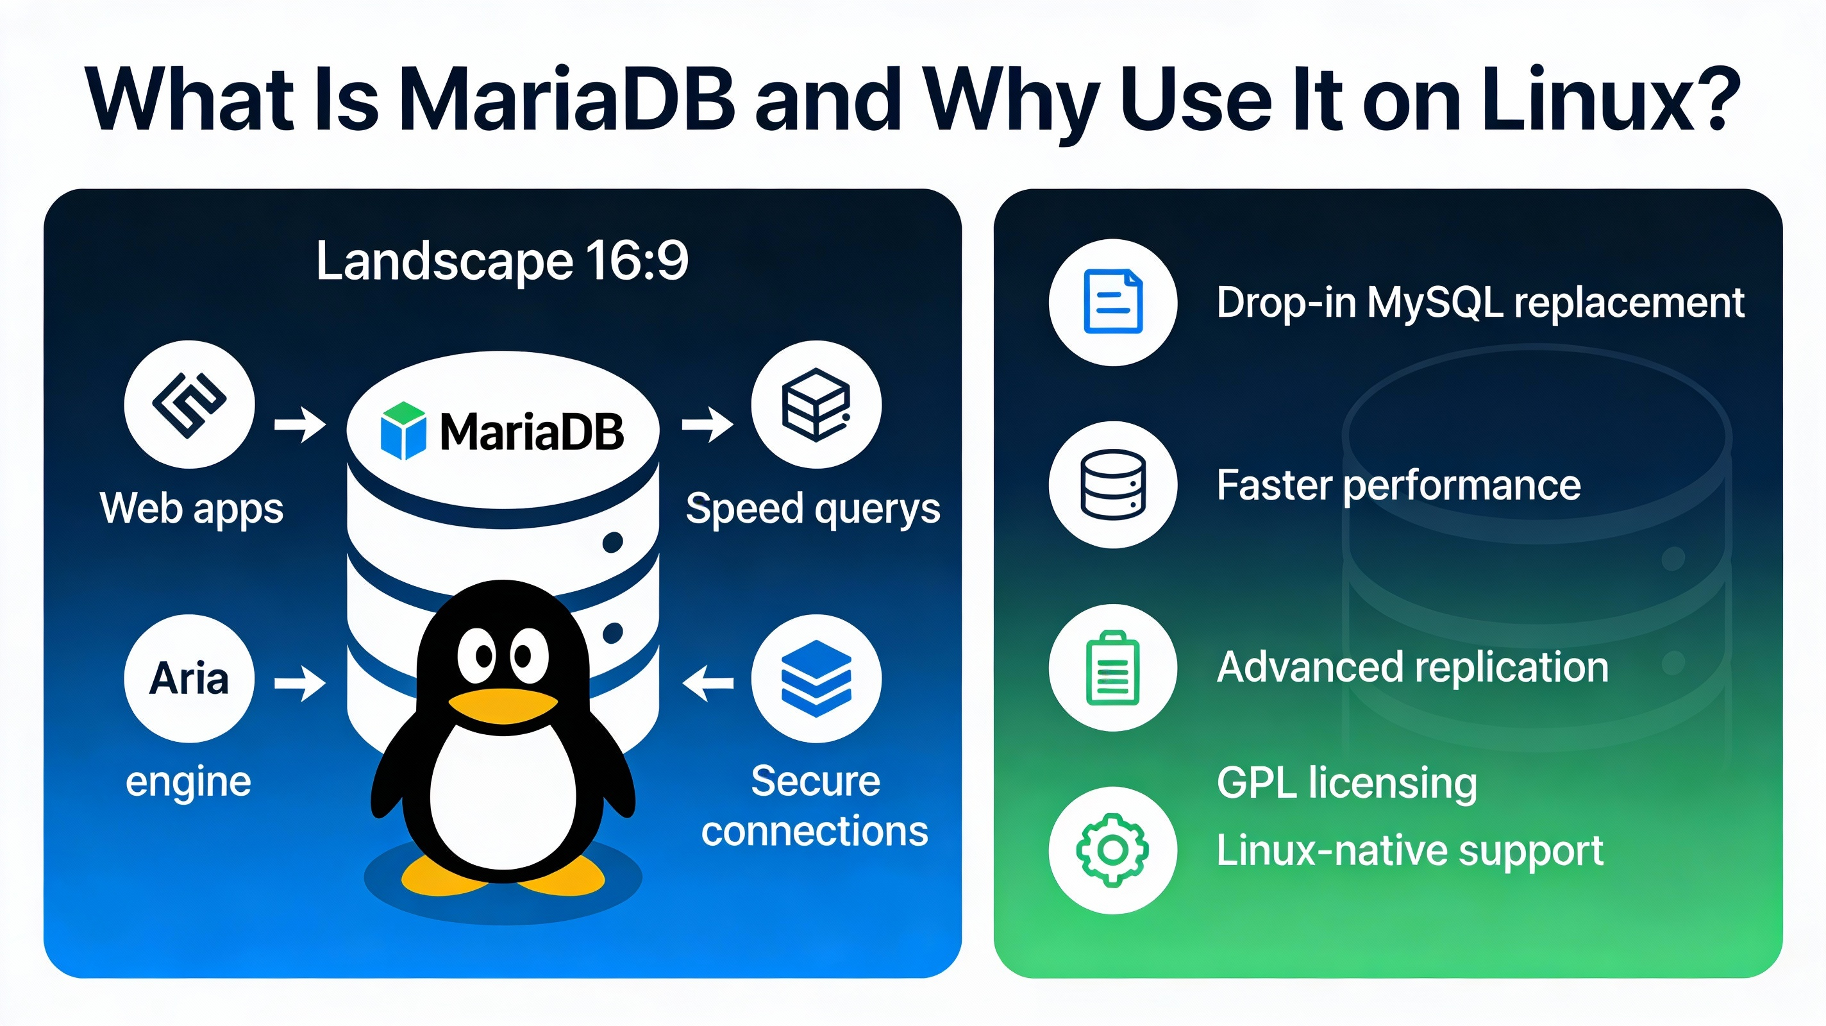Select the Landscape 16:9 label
click(x=502, y=261)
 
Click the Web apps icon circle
click(x=189, y=404)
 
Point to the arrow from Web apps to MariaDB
click(x=300, y=425)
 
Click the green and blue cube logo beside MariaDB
click(x=403, y=430)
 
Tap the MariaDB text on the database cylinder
click(x=532, y=432)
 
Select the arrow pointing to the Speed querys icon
click(x=707, y=425)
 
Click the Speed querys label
click(x=812, y=509)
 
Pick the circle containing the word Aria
click(x=189, y=678)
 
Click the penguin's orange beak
click(x=503, y=705)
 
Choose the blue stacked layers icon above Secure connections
click(x=816, y=678)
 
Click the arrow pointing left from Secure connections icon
click(x=707, y=683)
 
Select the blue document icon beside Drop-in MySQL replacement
click(x=1113, y=302)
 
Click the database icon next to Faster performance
click(x=1113, y=485)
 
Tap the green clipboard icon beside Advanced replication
click(x=1113, y=668)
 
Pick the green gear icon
click(x=1113, y=850)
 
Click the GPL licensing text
click(x=1347, y=783)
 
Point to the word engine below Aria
click(x=188, y=782)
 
